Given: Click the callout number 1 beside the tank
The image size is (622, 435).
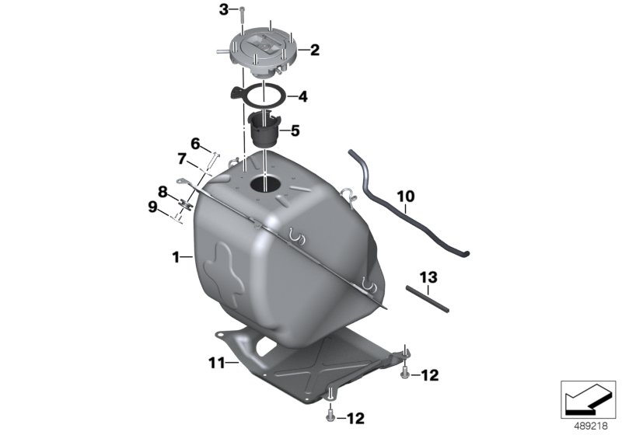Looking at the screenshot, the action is click(176, 258).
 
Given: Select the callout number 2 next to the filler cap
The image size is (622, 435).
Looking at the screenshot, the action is click(315, 50).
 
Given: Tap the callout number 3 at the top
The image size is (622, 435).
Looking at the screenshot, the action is click(224, 9).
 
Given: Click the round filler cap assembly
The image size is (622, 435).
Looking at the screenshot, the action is click(262, 54).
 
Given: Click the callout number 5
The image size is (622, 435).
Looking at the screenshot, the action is click(295, 130).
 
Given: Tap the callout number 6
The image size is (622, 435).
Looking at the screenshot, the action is click(195, 144).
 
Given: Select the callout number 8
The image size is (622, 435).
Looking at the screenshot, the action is click(162, 192).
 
